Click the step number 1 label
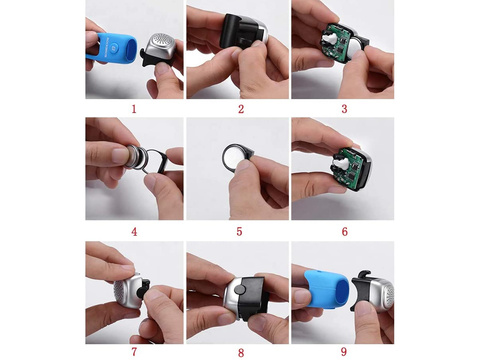click(x=135, y=108)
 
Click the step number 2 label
click(x=240, y=108)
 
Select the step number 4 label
click(x=135, y=230)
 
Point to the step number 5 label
click(x=240, y=230)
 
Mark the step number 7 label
click(x=135, y=351)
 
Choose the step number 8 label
click(x=240, y=351)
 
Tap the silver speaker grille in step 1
click(x=160, y=47)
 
